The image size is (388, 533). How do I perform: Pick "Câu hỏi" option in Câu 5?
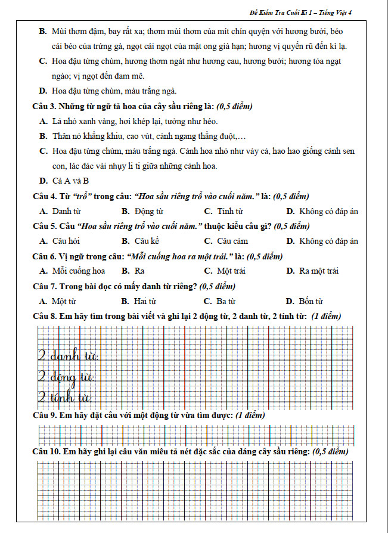pyautogui.click(x=66, y=241)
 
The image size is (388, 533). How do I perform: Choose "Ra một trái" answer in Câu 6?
pyautogui.click(x=319, y=271)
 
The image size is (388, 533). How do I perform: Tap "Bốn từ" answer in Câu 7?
pyautogui.click(x=311, y=301)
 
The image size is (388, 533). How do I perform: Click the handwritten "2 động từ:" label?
pyautogui.click(x=66, y=377)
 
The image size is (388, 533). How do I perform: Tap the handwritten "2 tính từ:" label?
pyautogui.click(x=64, y=396)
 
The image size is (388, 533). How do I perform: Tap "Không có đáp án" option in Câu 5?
pyautogui.click(x=328, y=241)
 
